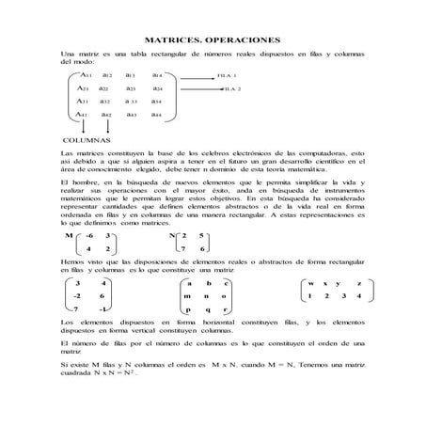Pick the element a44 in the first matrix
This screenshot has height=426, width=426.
157,114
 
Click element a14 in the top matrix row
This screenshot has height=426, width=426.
157,74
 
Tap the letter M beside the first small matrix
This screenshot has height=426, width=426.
67,235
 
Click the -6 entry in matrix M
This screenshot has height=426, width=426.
87,235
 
